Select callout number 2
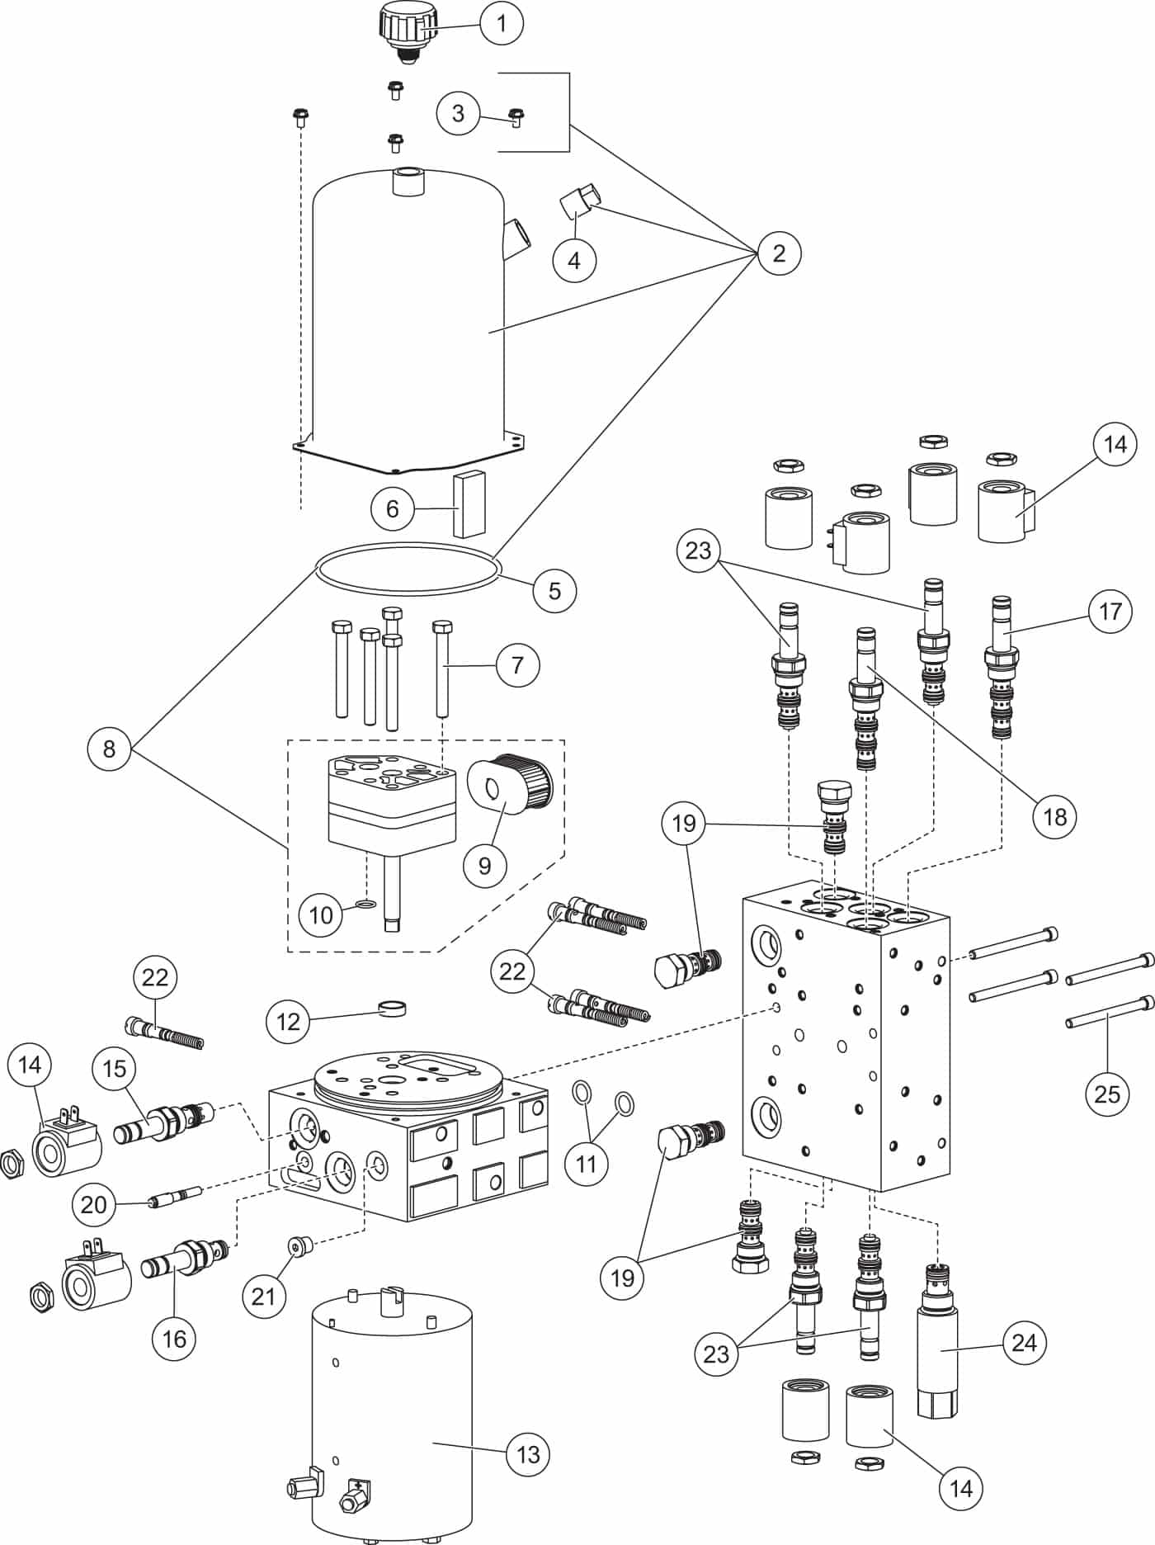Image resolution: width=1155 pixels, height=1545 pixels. point(778,253)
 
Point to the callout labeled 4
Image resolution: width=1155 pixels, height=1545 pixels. point(574,260)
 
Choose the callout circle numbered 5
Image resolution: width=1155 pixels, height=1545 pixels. point(554,590)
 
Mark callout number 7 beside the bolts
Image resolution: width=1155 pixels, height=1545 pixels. point(517,664)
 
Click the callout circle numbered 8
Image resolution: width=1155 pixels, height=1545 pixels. point(109,750)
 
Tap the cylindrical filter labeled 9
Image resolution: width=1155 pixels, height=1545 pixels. point(510,785)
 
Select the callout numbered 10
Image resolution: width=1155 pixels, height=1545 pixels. point(321,914)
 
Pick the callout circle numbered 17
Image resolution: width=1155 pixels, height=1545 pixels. point(1110,612)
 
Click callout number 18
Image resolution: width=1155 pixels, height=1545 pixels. point(1054,816)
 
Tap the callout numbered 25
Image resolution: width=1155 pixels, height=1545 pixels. point(1106,1094)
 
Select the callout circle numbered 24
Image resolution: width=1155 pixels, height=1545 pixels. point(1023,1343)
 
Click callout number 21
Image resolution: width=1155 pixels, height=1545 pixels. point(263,1296)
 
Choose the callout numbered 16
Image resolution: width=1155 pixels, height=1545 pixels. point(174,1338)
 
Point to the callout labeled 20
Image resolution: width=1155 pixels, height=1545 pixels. point(93,1204)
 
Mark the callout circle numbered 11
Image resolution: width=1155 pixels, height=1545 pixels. point(586,1164)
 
